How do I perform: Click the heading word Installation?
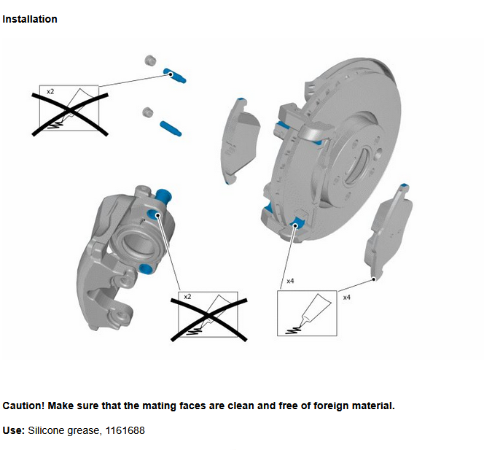pos(30,19)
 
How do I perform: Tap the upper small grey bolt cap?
pos(152,60)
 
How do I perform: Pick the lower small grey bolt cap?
pos(146,112)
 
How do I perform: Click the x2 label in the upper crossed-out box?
pos(50,92)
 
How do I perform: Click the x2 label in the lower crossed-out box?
pos(187,298)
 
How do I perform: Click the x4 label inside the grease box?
pos(289,280)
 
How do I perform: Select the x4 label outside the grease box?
pos(346,298)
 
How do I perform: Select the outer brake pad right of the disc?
pos(388,231)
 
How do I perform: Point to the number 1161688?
pos(124,431)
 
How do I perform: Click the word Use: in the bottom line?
pos(14,431)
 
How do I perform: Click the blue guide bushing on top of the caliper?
pos(163,195)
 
